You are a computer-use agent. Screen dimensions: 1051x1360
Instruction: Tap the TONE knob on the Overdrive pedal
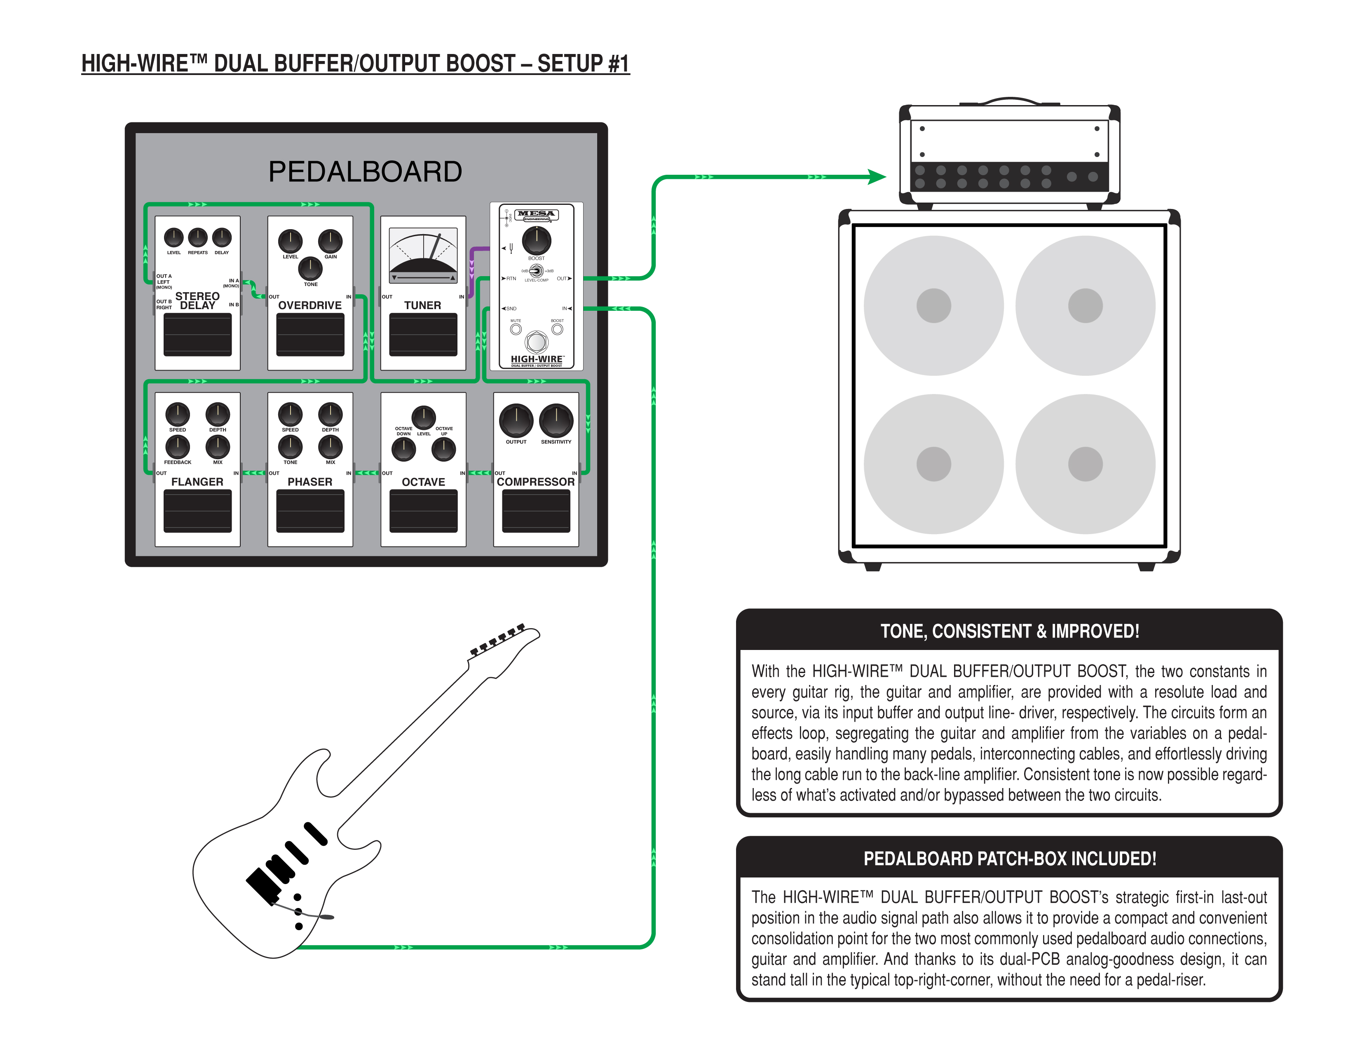tap(310, 268)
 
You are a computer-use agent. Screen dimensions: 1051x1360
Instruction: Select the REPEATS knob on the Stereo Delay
tap(197, 237)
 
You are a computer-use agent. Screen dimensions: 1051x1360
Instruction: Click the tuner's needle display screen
tap(423, 255)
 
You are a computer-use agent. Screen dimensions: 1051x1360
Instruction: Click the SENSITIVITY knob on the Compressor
tap(556, 420)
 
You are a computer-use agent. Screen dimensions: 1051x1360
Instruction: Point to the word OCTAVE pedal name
tap(423, 482)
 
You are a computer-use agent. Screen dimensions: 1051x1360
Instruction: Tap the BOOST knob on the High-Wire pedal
tap(536, 240)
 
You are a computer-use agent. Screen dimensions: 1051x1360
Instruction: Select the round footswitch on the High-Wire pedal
tap(536, 341)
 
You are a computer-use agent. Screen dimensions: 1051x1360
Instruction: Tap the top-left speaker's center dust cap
tap(933, 306)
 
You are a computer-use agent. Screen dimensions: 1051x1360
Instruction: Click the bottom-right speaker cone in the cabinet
tap(1115, 492)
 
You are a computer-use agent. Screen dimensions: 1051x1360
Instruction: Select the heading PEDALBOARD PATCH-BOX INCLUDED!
tap(1009, 859)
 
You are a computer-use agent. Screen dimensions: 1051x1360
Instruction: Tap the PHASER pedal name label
tap(310, 482)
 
